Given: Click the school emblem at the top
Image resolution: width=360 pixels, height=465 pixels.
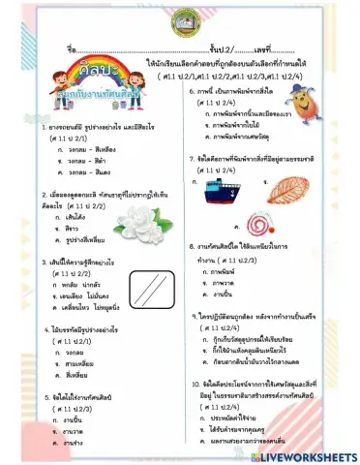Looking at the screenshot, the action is click(x=179, y=20).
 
